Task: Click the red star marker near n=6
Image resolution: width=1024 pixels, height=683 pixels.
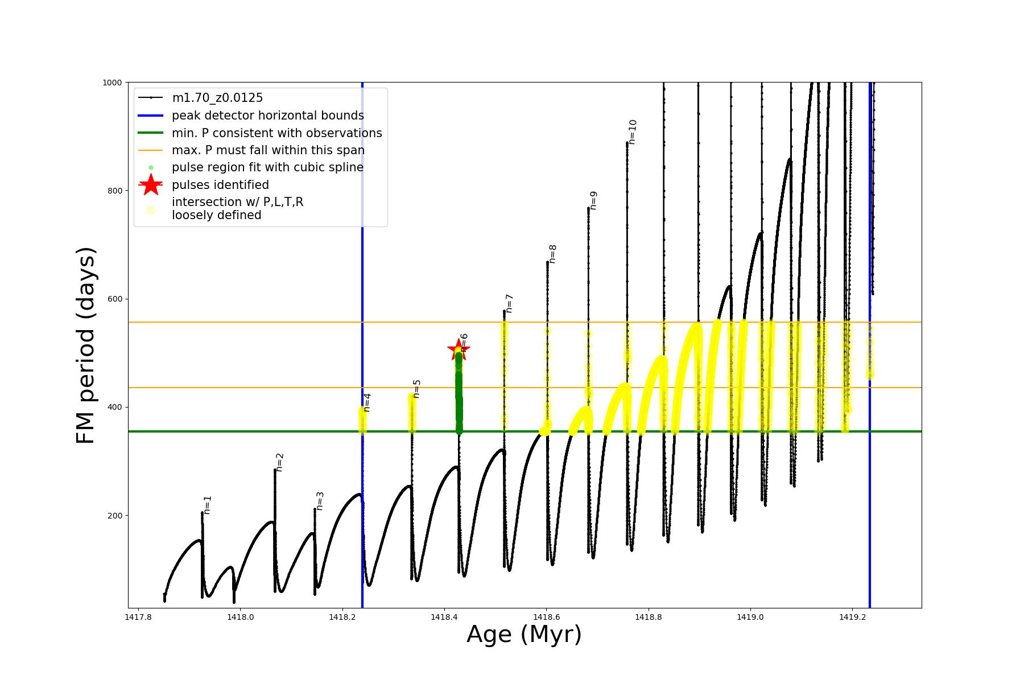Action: click(458, 349)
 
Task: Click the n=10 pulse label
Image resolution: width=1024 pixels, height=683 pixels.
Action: click(633, 131)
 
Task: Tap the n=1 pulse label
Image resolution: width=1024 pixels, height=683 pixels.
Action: click(208, 505)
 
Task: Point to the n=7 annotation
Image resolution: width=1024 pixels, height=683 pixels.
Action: click(509, 303)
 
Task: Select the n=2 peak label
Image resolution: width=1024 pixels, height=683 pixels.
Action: click(279, 462)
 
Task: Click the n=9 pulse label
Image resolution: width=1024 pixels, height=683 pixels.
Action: click(593, 200)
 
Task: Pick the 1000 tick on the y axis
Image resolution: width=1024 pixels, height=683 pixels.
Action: click(112, 83)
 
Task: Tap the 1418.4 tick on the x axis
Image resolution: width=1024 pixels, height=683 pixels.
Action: click(444, 617)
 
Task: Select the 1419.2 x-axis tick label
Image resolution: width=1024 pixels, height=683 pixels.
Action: click(852, 617)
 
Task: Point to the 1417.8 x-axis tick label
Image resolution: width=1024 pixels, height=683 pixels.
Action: click(138, 617)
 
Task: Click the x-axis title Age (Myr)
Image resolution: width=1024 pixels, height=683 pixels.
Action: click(524, 635)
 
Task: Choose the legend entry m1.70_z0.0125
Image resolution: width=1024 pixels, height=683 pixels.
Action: click(217, 98)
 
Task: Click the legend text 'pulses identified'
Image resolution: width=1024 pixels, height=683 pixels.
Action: click(220, 185)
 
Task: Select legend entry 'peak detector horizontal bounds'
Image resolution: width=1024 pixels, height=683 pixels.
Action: click(267, 116)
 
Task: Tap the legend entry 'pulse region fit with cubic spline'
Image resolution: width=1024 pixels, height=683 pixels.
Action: click(267, 167)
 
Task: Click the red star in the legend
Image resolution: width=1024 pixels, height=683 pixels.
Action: click(151, 184)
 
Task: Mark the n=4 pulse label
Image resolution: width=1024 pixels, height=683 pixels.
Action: click(367, 402)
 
